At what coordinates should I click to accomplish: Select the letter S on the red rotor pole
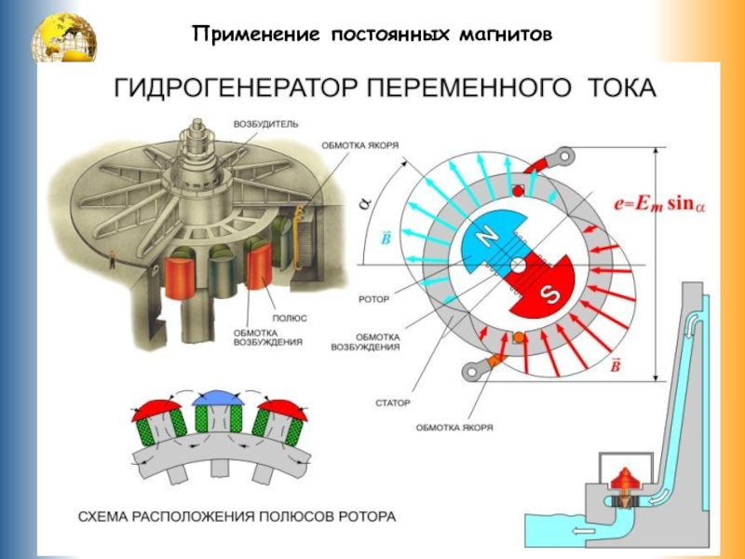pos(550,295)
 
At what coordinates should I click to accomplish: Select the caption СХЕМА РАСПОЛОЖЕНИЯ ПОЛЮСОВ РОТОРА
pos(237,515)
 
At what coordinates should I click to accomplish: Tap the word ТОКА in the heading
pos(621,89)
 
